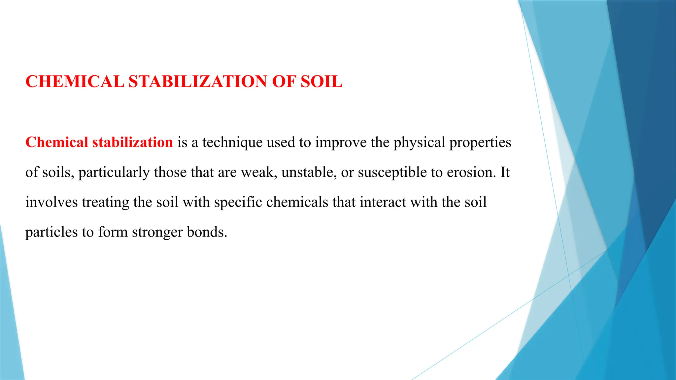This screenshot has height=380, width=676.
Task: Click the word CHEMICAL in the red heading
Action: click(x=75, y=81)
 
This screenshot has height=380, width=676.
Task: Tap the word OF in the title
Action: click(x=283, y=81)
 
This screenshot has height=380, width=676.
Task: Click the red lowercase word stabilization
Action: click(x=132, y=142)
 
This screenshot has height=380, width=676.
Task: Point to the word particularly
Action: click(x=114, y=173)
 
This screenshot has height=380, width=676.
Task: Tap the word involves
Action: click(x=51, y=202)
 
